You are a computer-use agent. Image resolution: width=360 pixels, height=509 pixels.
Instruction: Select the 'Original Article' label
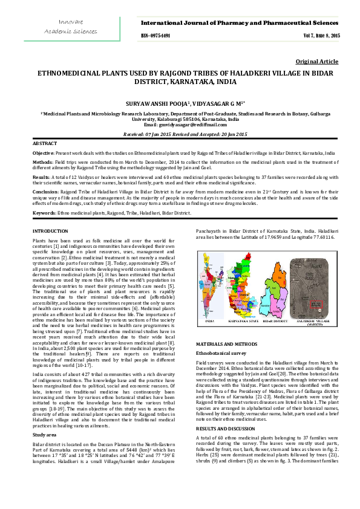(317, 62)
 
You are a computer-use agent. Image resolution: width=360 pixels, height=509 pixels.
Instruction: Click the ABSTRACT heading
(46, 143)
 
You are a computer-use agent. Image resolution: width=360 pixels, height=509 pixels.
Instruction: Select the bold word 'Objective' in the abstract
(43, 154)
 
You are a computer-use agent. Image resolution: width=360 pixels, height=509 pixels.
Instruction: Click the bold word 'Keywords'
(44, 213)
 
